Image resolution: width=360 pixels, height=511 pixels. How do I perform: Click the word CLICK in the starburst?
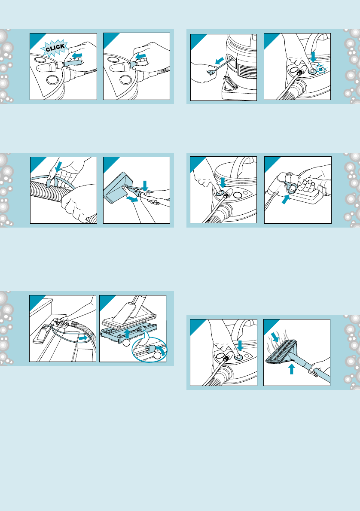[55, 48]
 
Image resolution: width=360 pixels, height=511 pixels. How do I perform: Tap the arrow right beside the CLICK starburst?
[77, 55]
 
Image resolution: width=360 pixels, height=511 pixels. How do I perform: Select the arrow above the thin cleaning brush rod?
[220, 61]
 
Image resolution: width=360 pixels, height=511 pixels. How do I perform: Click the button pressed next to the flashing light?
[312, 70]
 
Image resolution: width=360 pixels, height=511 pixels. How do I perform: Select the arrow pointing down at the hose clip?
[58, 167]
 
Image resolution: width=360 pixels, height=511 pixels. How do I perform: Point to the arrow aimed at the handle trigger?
[286, 199]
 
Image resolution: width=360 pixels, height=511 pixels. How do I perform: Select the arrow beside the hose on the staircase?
[83, 339]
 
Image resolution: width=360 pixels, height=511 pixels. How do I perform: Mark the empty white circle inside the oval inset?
[158, 356]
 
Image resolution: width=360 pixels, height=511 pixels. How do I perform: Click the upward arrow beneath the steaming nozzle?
[292, 368]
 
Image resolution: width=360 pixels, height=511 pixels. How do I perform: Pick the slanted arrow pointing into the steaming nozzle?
[275, 337]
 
